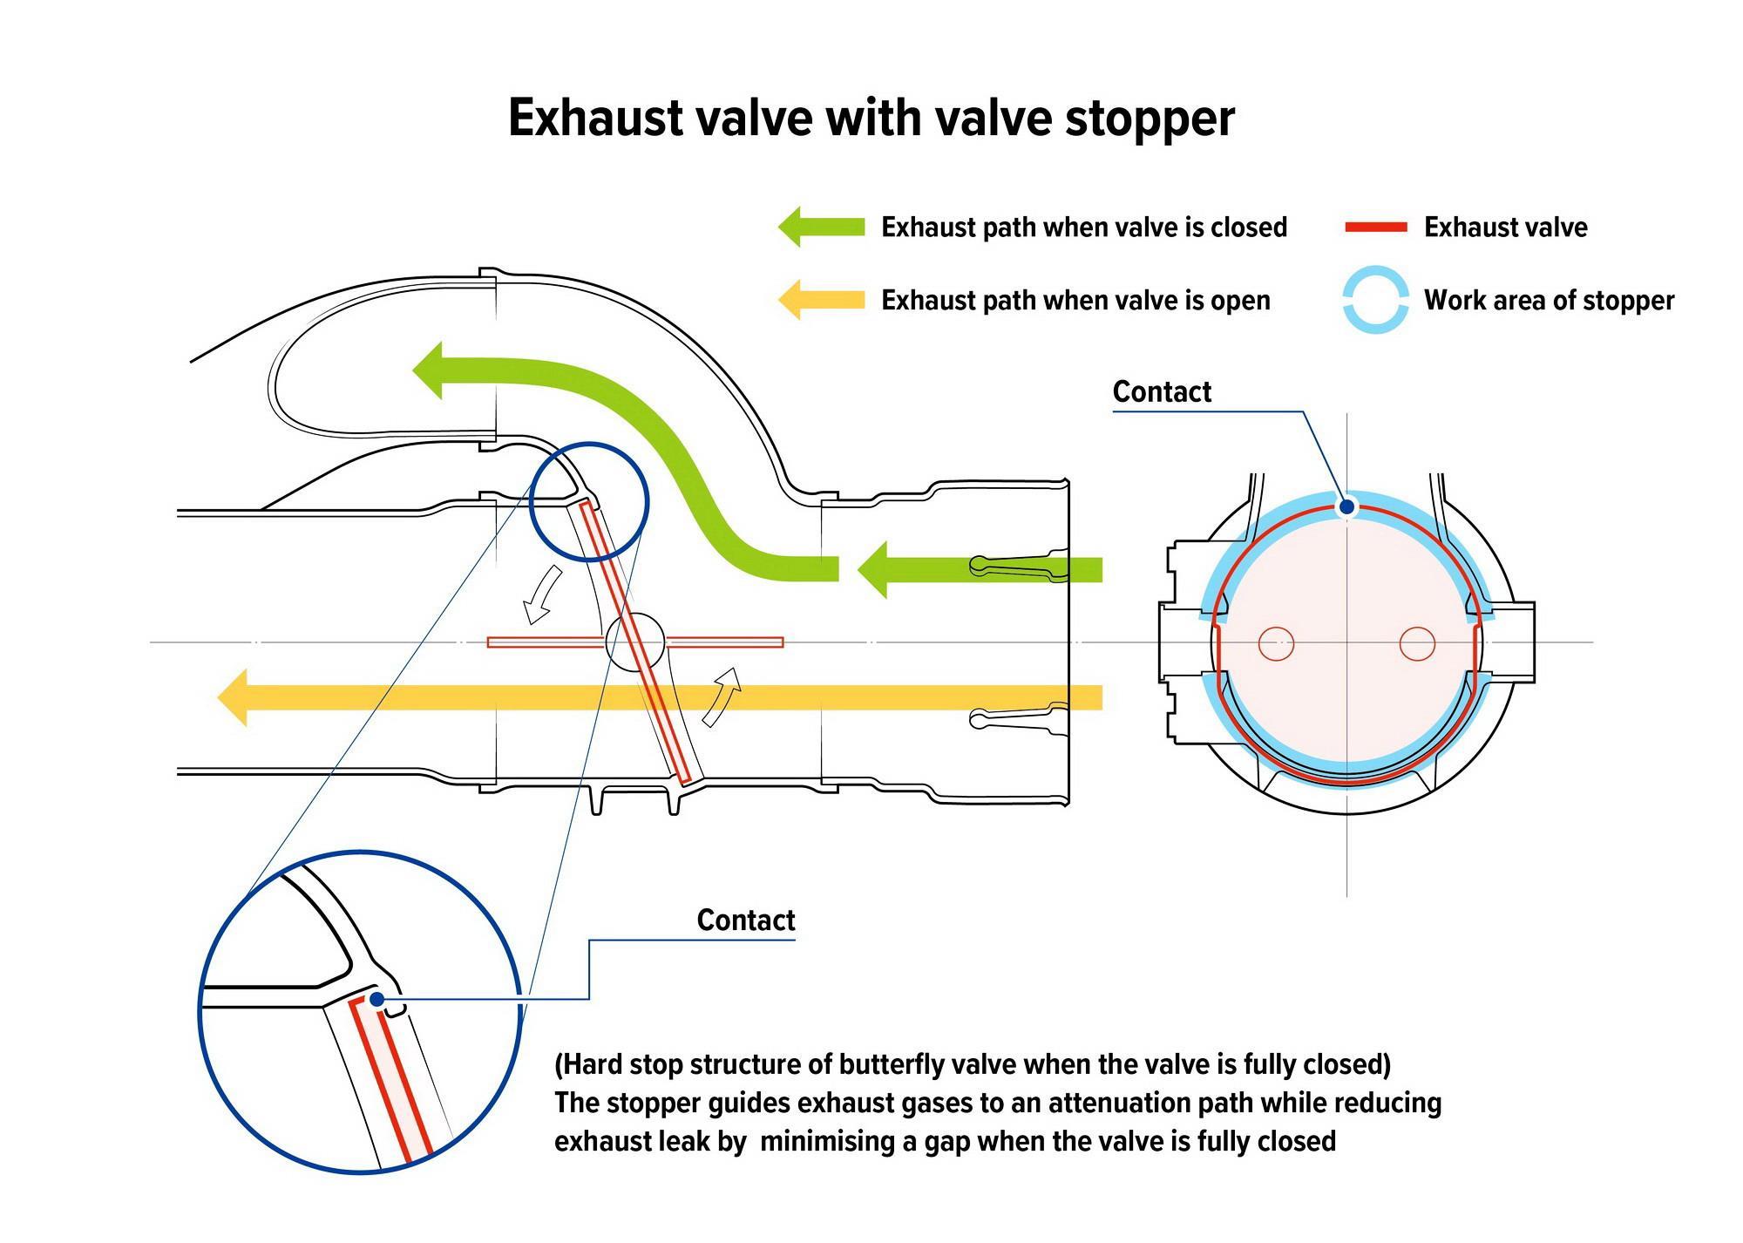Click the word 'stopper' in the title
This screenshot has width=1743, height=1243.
tap(1150, 119)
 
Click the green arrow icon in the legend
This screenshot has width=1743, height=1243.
tap(821, 227)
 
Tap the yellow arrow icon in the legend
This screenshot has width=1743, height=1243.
tap(821, 300)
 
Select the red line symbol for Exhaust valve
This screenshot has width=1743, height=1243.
tap(1376, 228)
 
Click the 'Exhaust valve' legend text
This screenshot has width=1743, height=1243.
tap(1505, 228)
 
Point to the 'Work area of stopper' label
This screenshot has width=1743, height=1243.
tap(1549, 301)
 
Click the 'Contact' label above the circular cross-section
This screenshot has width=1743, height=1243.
tap(1162, 392)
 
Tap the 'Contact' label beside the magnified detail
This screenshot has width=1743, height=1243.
tap(746, 920)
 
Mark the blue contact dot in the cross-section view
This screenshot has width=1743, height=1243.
tap(1346, 506)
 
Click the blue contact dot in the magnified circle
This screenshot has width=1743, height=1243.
tap(376, 999)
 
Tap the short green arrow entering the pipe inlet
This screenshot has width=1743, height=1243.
tap(980, 570)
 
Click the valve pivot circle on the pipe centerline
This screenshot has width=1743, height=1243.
tap(634, 642)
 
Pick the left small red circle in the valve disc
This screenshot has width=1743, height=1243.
tap(1277, 644)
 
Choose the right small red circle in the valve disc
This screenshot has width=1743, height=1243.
tap(1417, 644)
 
